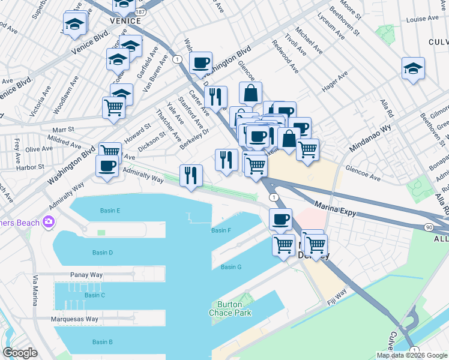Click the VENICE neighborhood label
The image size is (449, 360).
[x=125, y=20]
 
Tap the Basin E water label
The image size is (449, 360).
[x=110, y=211]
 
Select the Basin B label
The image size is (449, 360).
[x=103, y=342]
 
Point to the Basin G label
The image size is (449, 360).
[x=231, y=267]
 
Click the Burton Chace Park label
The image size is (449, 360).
[x=230, y=308]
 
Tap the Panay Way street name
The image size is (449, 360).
[x=88, y=274]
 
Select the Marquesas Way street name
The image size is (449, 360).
[x=74, y=319]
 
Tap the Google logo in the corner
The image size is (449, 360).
[x=20, y=353]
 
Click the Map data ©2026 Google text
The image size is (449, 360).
[x=412, y=355]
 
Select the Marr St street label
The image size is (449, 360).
[x=62, y=129]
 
